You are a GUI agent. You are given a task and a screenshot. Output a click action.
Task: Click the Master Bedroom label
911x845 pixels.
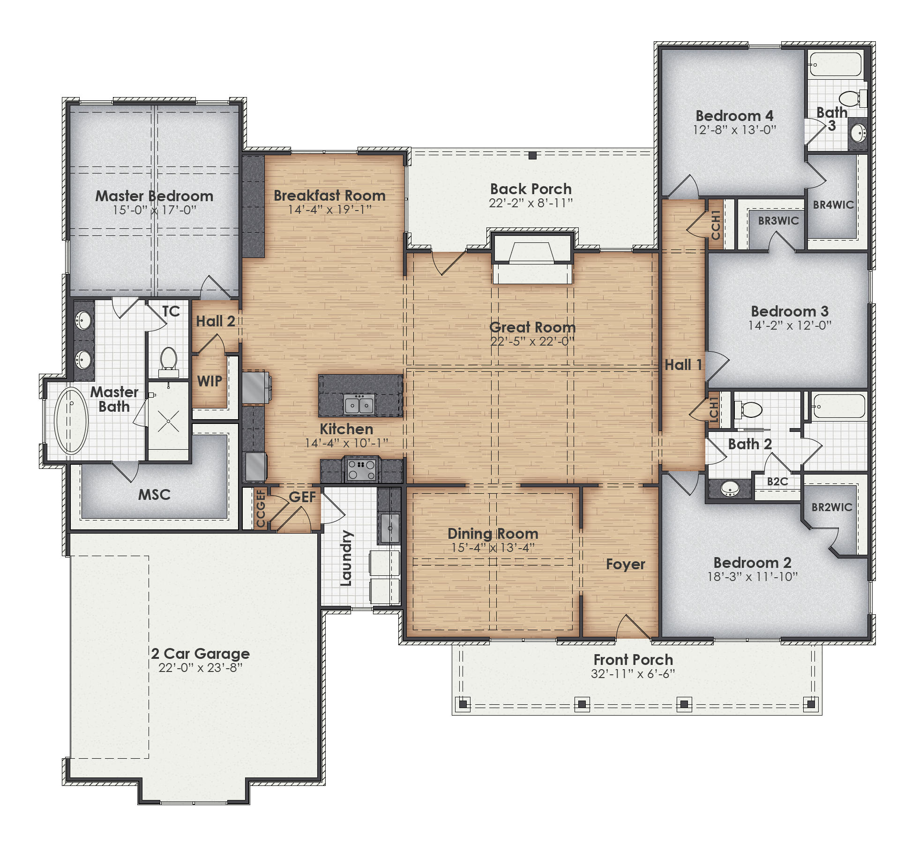click(x=154, y=196)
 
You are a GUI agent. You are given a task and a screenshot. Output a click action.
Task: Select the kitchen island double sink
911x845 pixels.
click(x=359, y=404)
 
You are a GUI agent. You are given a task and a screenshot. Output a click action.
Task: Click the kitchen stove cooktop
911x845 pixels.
click(x=362, y=469)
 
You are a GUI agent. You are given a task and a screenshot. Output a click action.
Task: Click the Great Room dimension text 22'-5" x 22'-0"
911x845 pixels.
click(x=532, y=341)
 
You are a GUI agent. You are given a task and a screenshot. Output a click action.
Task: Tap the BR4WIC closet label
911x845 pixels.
click(x=833, y=205)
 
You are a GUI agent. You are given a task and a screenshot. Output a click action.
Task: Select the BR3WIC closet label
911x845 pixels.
click(x=778, y=221)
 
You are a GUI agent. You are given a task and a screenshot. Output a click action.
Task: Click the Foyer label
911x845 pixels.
click(x=625, y=564)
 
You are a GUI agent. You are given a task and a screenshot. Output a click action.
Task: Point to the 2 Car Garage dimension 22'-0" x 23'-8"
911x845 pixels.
click(x=200, y=667)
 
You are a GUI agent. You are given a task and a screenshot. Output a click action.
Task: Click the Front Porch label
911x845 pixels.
click(x=633, y=660)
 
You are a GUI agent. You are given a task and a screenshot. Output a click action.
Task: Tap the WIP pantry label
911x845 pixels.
click(x=209, y=381)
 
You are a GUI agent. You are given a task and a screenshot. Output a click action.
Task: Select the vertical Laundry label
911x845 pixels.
click(x=346, y=558)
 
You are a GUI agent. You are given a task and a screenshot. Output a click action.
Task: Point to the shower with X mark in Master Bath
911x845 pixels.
click(x=168, y=421)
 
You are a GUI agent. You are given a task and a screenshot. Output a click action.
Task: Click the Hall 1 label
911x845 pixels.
click(x=683, y=365)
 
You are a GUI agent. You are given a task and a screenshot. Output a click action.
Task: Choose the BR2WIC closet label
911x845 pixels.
click(x=831, y=507)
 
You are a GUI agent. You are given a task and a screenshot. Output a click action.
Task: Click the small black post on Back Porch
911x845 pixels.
click(x=532, y=156)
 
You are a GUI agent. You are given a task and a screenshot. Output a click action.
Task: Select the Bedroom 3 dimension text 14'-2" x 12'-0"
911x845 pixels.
click(x=790, y=325)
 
